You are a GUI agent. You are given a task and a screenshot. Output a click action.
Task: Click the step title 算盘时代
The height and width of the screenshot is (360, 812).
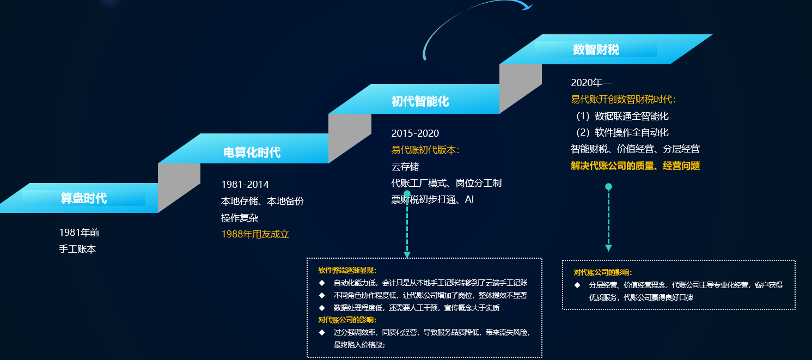pyautogui.click(x=84, y=198)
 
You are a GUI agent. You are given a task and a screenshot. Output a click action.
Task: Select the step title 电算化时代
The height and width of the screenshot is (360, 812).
pyautogui.click(x=252, y=152)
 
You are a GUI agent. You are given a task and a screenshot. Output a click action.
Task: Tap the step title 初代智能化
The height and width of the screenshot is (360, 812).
pyautogui.click(x=420, y=101)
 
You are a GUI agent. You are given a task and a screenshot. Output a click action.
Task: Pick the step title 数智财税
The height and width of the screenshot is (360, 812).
pyautogui.click(x=596, y=50)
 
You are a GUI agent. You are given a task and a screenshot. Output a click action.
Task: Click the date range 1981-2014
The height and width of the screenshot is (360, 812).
pyautogui.click(x=245, y=185)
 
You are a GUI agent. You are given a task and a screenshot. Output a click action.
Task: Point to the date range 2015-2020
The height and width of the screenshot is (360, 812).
pyautogui.click(x=415, y=133)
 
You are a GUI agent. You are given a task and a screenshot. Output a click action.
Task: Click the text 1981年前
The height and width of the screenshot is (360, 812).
pyautogui.click(x=79, y=233)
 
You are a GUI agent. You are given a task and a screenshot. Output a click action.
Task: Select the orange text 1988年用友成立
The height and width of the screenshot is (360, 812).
pyautogui.click(x=255, y=234)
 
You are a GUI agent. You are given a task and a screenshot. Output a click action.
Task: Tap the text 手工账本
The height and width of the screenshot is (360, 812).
pyautogui.click(x=77, y=249)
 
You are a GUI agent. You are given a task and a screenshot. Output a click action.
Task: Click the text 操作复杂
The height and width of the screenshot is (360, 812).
pyautogui.click(x=240, y=218)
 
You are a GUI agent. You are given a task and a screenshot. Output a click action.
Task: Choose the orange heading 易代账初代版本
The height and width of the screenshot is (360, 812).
pyautogui.click(x=425, y=150)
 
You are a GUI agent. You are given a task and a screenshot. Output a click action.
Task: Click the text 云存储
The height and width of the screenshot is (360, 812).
pyautogui.click(x=405, y=167)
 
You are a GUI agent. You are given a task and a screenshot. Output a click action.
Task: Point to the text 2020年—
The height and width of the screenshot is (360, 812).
pyautogui.click(x=591, y=83)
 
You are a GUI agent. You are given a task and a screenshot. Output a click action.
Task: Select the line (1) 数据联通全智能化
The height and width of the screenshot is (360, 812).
pyautogui.click(x=622, y=116)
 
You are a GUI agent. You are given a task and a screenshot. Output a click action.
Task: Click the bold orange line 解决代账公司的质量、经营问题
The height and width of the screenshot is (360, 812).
pyautogui.click(x=636, y=166)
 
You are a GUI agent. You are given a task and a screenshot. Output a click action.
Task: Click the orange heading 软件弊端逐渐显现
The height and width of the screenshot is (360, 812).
pyautogui.click(x=347, y=270)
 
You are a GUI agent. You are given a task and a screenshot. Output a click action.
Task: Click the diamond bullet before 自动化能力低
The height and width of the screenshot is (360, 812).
pyautogui.click(x=322, y=283)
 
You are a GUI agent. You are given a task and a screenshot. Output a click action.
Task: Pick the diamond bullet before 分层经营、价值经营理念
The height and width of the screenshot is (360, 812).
pyautogui.click(x=577, y=285)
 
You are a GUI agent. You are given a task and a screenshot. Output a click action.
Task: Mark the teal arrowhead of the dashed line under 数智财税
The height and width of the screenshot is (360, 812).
pyautogui.click(x=609, y=248)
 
